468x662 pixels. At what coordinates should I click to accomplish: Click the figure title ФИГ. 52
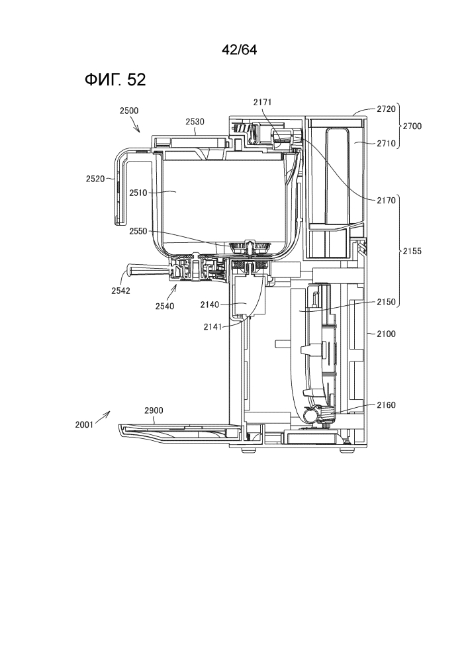pos(115,80)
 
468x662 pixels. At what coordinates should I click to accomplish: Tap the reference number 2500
pos(129,111)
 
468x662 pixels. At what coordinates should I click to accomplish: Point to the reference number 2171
pos(262,102)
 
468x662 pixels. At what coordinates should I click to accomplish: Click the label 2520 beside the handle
pos(95,178)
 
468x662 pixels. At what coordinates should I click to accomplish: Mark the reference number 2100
pos(385,334)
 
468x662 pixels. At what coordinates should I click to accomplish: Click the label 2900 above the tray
pos(153,411)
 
